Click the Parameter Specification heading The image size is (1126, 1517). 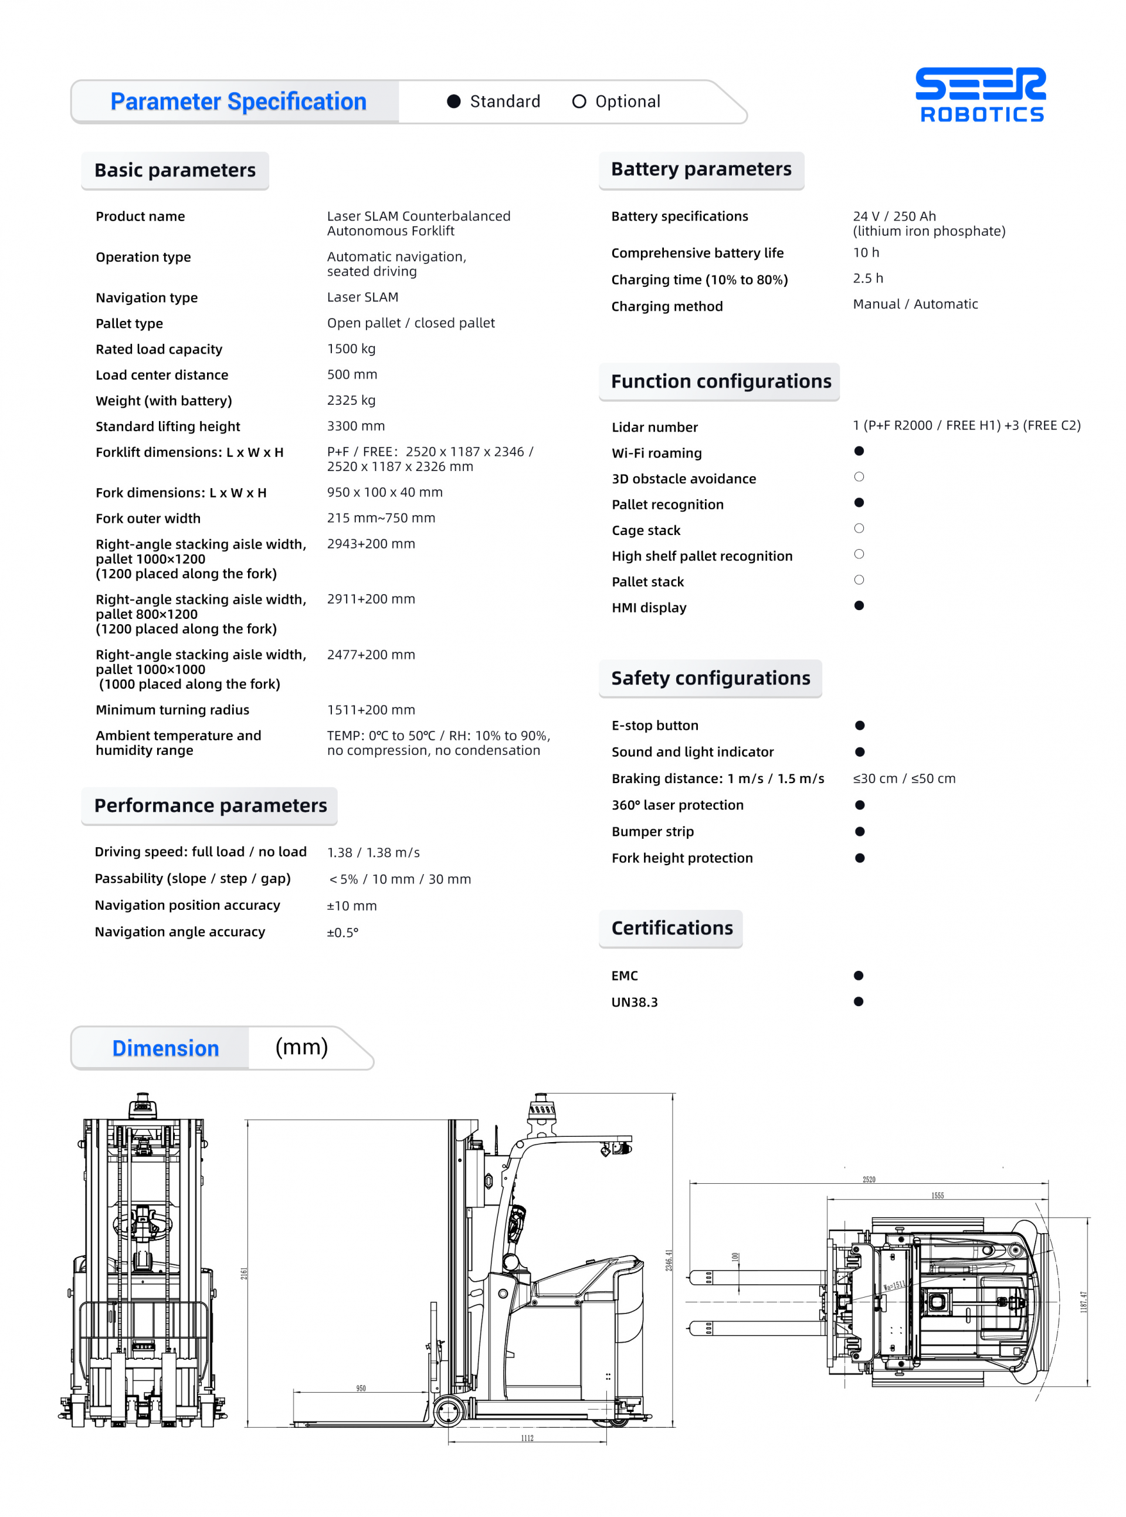[238, 101]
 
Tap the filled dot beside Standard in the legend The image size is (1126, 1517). [454, 101]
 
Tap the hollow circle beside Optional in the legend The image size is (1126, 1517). [579, 101]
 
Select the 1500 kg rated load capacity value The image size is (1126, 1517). [351, 348]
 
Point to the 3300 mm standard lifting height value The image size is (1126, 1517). [356, 425]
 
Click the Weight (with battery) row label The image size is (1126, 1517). [164, 400]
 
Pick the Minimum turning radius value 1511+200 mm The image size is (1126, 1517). [371, 709]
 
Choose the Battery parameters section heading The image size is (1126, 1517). [701, 169]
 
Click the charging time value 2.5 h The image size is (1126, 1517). [868, 278]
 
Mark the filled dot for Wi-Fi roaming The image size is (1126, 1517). [859, 451]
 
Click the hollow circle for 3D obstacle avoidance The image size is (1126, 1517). [859, 476]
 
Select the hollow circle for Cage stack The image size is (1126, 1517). [859, 529]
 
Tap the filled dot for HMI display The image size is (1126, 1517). [859, 605]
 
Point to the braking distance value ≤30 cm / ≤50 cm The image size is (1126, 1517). [904, 778]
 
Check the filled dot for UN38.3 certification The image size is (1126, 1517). [858, 1001]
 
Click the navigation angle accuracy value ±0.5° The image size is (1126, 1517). [342, 932]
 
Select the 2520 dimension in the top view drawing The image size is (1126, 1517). [869, 1179]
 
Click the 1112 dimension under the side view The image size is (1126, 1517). [527, 1438]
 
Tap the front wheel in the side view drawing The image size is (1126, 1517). [449, 1411]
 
